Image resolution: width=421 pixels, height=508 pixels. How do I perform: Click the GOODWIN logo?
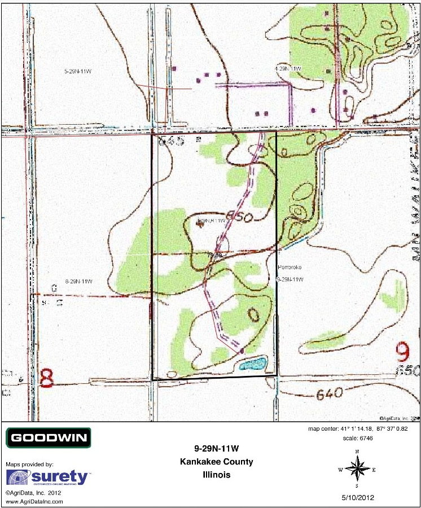(x=48, y=437)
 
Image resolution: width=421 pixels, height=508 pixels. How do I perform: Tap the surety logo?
(x=48, y=478)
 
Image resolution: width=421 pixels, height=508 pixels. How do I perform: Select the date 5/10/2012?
(x=357, y=498)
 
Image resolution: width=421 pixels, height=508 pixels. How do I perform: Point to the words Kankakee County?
(x=217, y=462)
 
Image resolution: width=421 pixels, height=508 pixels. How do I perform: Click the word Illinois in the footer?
(x=217, y=475)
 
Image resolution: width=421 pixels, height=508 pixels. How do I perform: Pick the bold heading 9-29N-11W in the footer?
(x=217, y=449)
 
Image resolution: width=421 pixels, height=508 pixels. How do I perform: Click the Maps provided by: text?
(x=29, y=464)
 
